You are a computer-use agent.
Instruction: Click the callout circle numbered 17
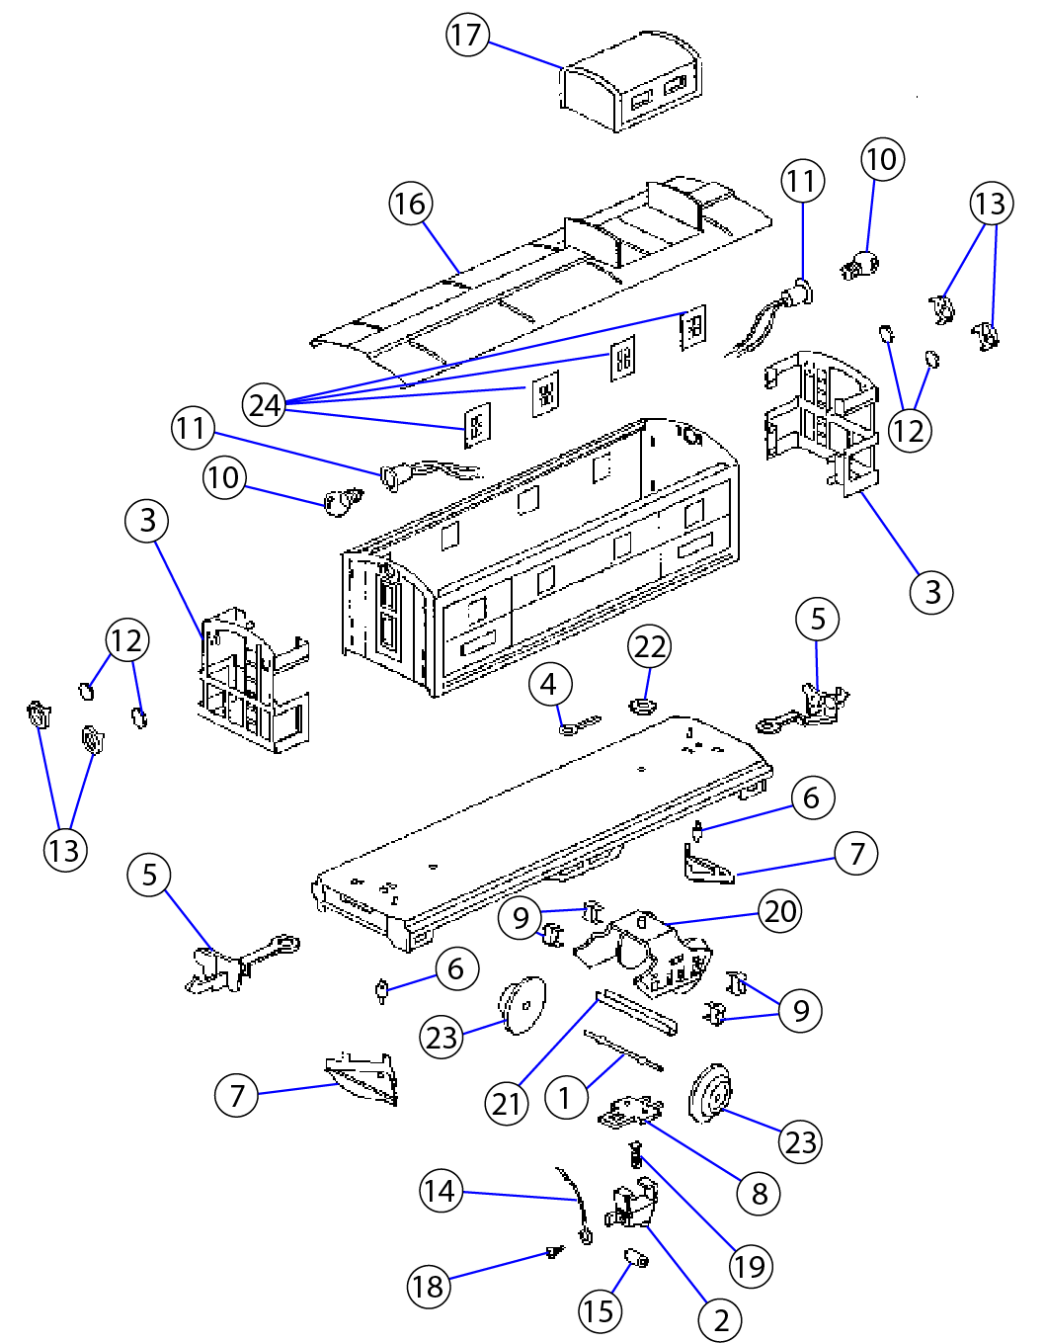[467, 36]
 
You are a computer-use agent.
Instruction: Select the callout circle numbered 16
[410, 204]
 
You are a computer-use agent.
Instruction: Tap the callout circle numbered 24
[265, 405]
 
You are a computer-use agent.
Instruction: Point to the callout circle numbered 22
[650, 646]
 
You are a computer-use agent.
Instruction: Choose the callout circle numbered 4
[549, 684]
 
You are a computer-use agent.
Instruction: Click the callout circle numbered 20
[780, 911]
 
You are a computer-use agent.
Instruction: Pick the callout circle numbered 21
[508, 1103]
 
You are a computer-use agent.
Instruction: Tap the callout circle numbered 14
[441, 1191]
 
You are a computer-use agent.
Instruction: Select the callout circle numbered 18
[429, 1286]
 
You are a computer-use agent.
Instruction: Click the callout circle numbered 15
[600, 1311]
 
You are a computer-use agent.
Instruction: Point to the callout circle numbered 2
[721, 1320]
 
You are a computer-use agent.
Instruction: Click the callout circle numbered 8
[759, 1194]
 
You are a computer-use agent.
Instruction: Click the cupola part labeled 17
[632, 84]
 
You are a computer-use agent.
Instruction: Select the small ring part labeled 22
[642, 706]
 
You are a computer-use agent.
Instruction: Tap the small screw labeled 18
[555, 1253]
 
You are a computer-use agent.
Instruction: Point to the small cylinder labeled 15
[637, 1258]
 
